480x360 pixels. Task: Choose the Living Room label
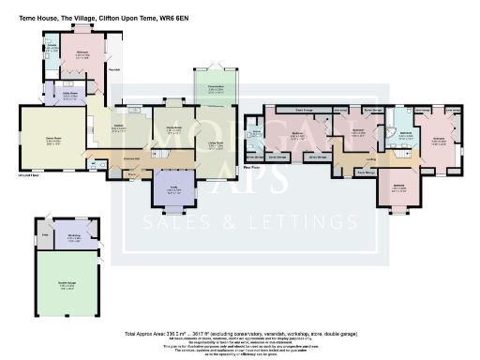216,144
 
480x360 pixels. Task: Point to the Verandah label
114,69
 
